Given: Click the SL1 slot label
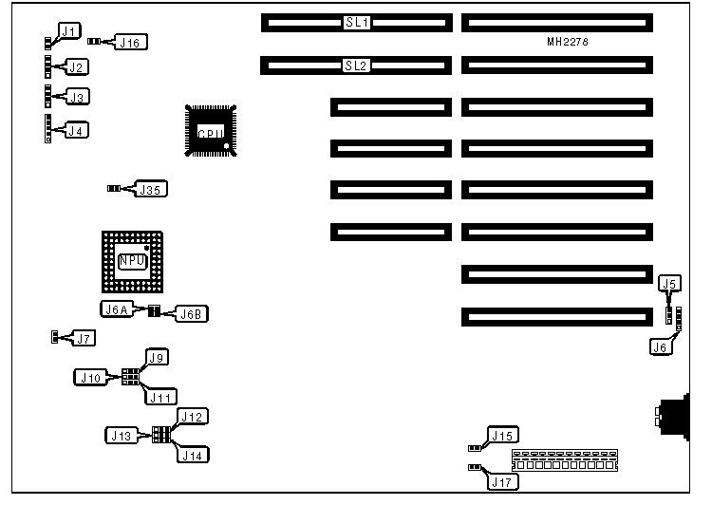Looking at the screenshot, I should coord(357,21).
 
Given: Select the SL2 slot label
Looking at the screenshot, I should coord(357,65).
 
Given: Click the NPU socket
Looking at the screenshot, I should coord(132,260).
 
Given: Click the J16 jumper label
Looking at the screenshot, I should coord(130,42).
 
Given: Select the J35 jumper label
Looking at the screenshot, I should coord(152,189).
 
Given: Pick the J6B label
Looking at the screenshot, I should coord(191,313).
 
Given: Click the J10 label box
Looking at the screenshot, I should coord(92,377).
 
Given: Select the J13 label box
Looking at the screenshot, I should coord(120,435).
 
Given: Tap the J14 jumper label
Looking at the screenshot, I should coord(193,455).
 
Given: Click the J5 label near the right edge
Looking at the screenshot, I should coord(669,283).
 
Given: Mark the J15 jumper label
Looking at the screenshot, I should coord(501,436).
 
